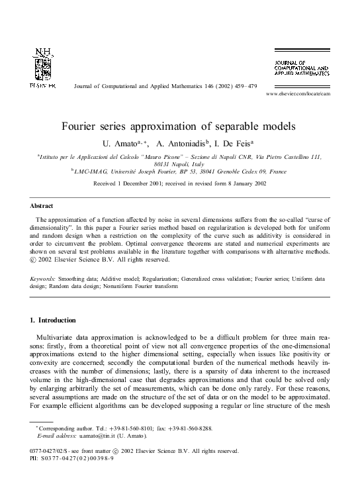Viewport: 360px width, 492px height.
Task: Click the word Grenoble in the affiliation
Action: pos(236,170)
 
